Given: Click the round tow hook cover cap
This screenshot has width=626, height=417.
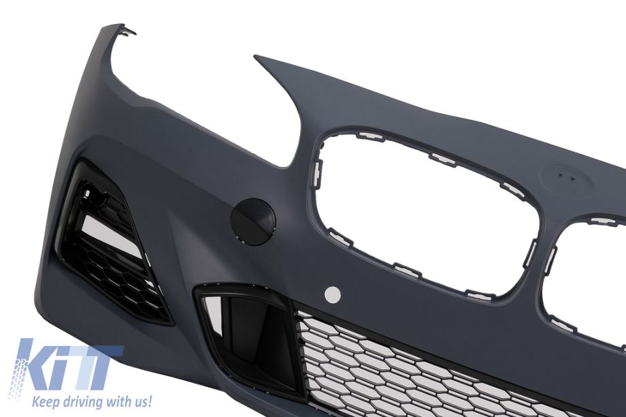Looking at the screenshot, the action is coord(253,221).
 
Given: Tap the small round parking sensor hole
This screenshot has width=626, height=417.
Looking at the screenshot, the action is coord(333,295).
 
